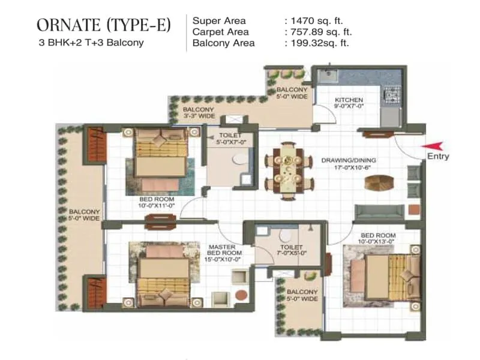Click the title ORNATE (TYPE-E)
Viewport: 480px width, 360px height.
tap(103, 25)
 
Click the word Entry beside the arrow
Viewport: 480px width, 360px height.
tap(437, 157)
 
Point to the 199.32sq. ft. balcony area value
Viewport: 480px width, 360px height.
tap(319, 43)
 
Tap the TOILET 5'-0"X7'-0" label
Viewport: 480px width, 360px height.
tap(230, 139)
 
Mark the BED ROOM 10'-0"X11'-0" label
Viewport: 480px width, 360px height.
tap(157, 203)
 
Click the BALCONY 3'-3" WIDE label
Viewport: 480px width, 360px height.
tap(198, 113)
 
